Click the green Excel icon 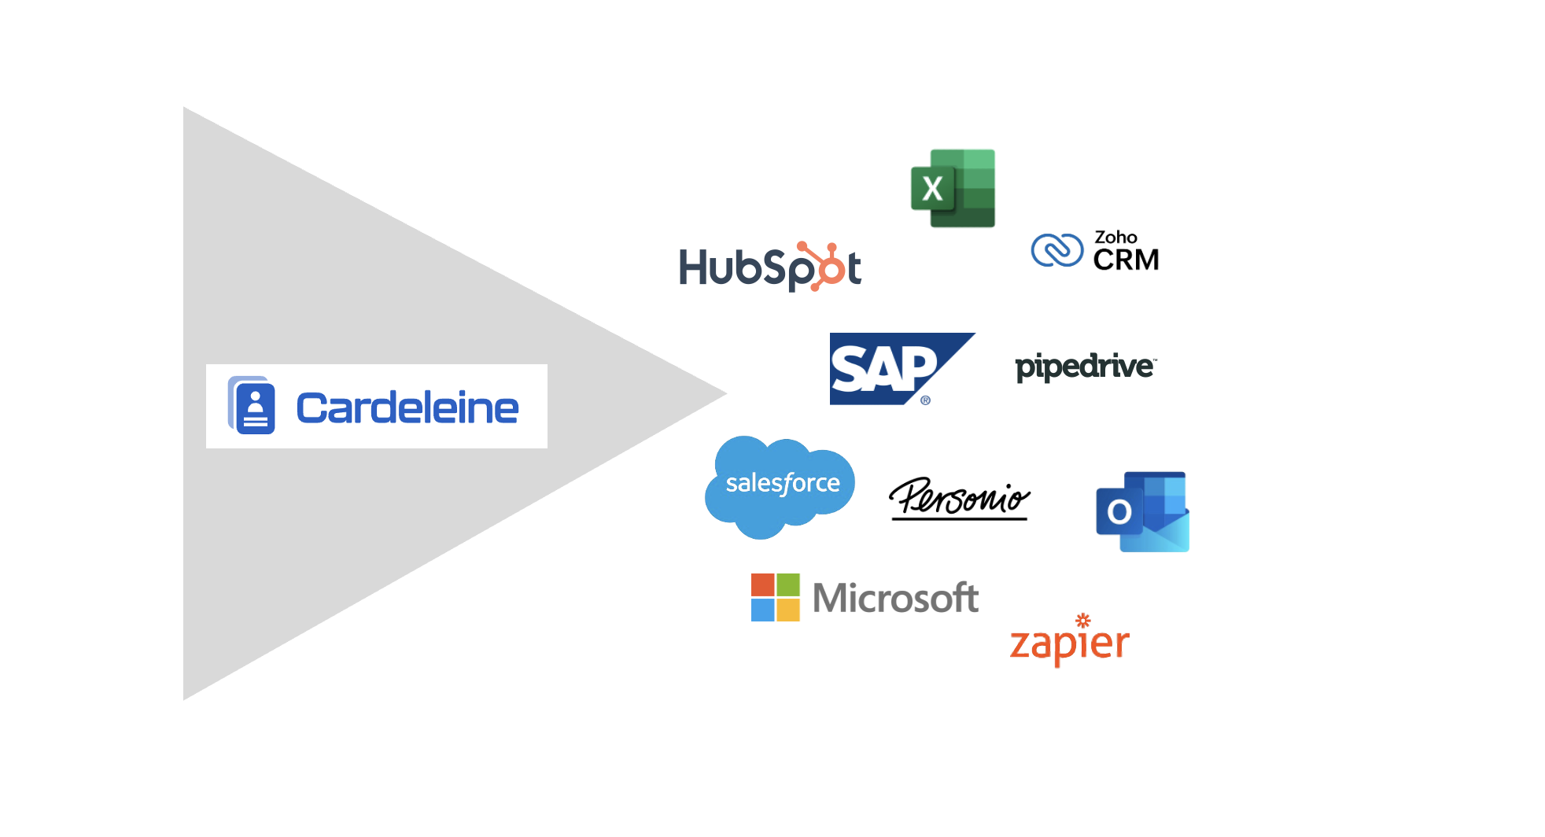point(953,189)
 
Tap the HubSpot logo point(769,267)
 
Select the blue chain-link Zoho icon point(1057,251)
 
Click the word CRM point(1126,260)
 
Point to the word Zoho point(1115,237)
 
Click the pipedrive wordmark point(1085,367)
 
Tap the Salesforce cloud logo point(781,485)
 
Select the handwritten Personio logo point(959,498)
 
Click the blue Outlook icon point(1141,511)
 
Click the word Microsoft point(895,598)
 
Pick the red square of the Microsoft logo point(762,584)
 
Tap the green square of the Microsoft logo point(788,584)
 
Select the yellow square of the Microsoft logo point(788,610)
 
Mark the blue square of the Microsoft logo point(762,610)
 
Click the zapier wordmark point(1069,643)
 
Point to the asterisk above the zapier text point(1083,620)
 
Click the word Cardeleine point(407,408)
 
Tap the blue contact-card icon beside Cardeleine point(253,406)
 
